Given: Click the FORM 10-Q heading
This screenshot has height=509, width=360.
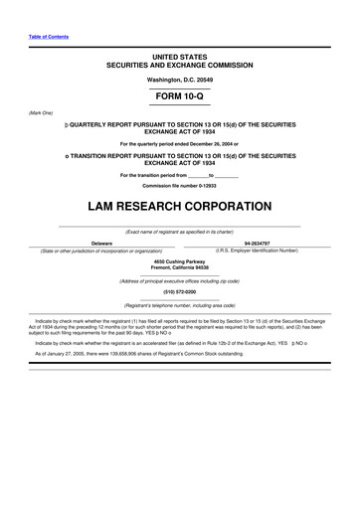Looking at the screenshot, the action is (x=179, y=100).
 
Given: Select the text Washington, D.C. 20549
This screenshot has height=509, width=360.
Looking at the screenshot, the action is (x=179, y=78).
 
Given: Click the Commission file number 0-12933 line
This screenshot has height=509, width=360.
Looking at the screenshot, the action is (x=179, y=186).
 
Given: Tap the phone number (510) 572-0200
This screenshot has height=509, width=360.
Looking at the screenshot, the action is (x=179, y=292).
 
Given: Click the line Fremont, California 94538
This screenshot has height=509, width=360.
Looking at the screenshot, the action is (x=179, y=268).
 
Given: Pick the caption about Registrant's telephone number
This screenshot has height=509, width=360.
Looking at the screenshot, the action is (x=179, y=305).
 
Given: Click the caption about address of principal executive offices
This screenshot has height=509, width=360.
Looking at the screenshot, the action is (x=179, y=281).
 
